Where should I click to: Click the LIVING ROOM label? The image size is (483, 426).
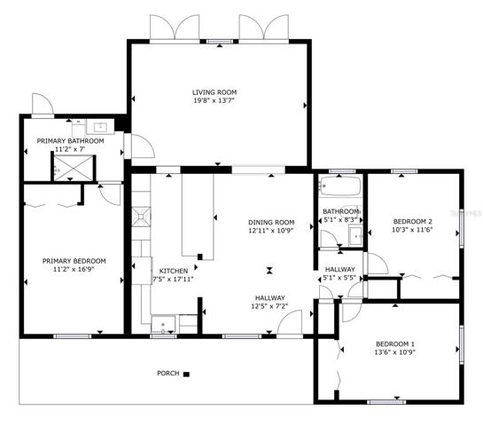coord(214,92)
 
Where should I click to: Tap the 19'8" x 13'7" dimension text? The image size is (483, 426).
coord(214,100)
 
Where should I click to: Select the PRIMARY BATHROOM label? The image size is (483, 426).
coord(70,141)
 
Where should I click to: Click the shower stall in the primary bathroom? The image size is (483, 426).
coord(74,168)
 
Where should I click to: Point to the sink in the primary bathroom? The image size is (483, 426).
coord(100,127)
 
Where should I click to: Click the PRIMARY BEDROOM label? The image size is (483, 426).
coord(74,261)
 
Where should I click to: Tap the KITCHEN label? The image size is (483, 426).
coord(174,271)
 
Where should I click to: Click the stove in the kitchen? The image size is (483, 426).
coord(141,217)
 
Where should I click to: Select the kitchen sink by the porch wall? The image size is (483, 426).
coord(163,325)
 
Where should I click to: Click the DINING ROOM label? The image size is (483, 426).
coord(271,222)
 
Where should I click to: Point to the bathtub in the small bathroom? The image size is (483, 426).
coord(339,186)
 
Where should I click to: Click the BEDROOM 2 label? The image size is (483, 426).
coord(413,222)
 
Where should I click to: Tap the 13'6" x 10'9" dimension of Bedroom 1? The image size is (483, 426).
coord(395,352)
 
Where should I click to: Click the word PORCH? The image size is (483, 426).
coord(168,374)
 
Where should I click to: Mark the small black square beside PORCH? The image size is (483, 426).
coord(186,375)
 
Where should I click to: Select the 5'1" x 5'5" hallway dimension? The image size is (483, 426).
coord(339,278)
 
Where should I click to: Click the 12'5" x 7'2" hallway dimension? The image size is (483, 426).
coord(269,306)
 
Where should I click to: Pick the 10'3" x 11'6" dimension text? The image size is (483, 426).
coord(412,230)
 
